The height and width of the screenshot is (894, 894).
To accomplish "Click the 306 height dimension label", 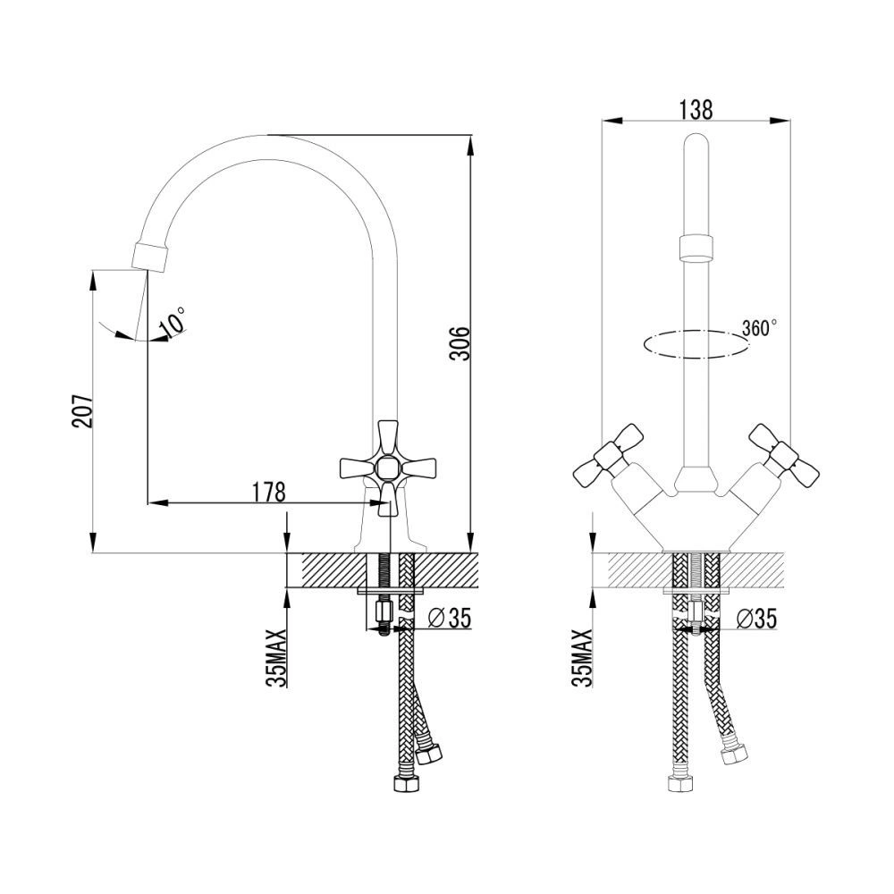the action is tap(460, 343).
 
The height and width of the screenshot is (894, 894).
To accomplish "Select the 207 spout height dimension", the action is tap(82, 410).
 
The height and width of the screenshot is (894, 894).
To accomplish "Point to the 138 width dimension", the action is tap(696, 109).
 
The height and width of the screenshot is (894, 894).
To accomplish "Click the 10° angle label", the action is tap(173, 320).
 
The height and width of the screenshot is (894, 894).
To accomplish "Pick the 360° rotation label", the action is tap(759, 328).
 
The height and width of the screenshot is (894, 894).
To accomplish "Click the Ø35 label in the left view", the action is tap(450, 618).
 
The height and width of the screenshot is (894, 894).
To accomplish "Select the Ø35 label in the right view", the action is tap(756, 618).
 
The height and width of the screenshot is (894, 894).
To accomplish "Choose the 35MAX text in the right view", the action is tap(585, 659).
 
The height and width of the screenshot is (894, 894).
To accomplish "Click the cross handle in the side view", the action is tap(388, 468).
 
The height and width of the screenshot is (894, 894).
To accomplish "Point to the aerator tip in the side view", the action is tap(150, 256).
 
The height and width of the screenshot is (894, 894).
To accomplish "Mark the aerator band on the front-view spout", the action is tap(696, 246).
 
